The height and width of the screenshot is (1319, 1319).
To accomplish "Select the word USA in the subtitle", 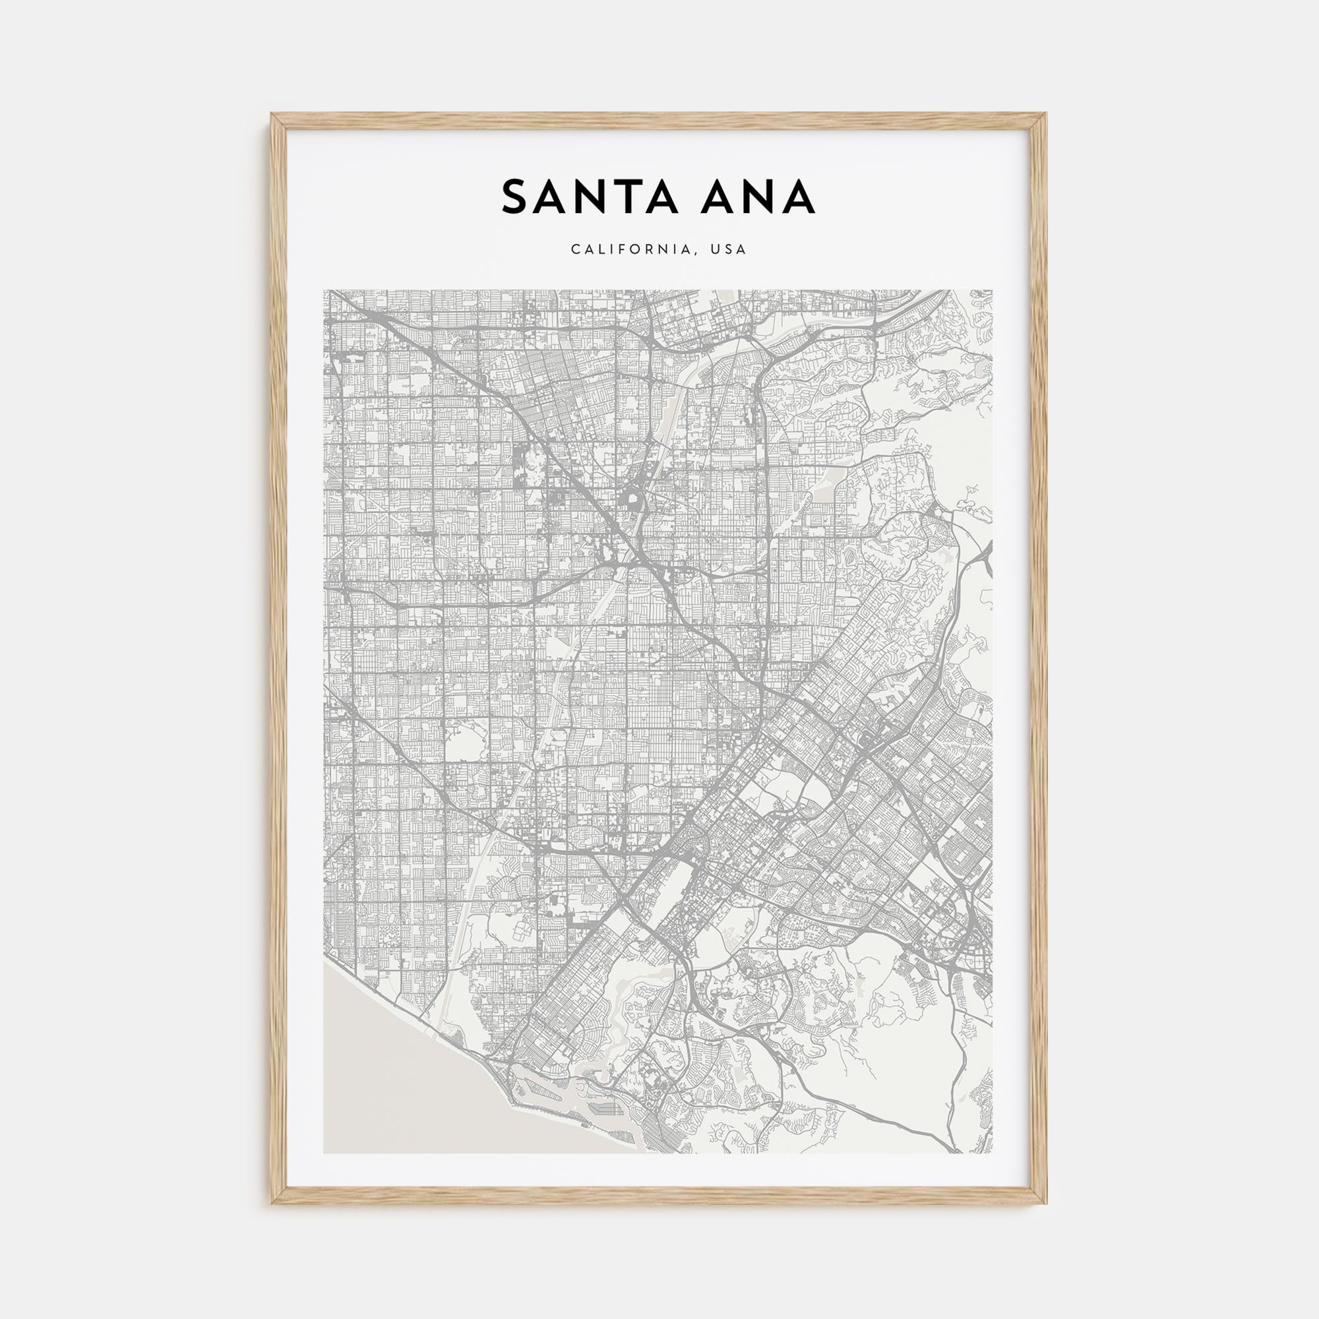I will tap(729, 250).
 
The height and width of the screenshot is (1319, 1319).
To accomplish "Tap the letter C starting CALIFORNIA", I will tap(576, 250).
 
